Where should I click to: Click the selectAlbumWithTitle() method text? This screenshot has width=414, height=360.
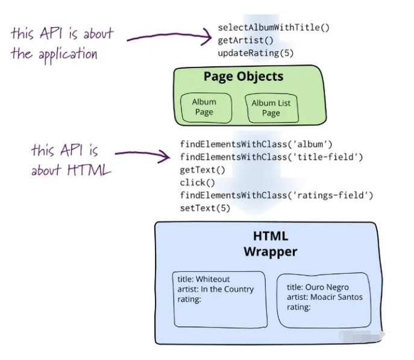pyautogui.click(x=274, y=28)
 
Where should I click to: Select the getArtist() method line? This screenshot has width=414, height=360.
pyautogui.click(x=245, y=40)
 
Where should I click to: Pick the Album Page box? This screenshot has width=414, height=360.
pyautogui.click(x=204, y=107)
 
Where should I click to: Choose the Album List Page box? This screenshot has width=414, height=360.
pyautogui.click(x=271, y=108)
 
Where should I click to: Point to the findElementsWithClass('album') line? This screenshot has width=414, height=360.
pyautogui.click(x=256, y=145)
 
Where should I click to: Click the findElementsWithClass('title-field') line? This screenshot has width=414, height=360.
pyautogui.click(x=271, y=157)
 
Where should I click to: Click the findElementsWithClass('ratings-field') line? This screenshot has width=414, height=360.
pyautogui.click(x=277, y=195)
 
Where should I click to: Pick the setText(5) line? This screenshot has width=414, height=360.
pyautogui.click(x=205, y=208)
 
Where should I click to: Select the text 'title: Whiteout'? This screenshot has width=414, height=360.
pyautogui.click(x=204, y=279)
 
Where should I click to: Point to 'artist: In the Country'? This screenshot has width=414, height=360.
pyautogui.click(x=215, y=289)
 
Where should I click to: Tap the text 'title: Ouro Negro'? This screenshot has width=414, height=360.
pyautogui.click(x=318, y=287)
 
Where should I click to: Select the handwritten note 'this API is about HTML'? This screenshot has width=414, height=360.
pyautogui.click(x=71, y=160)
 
